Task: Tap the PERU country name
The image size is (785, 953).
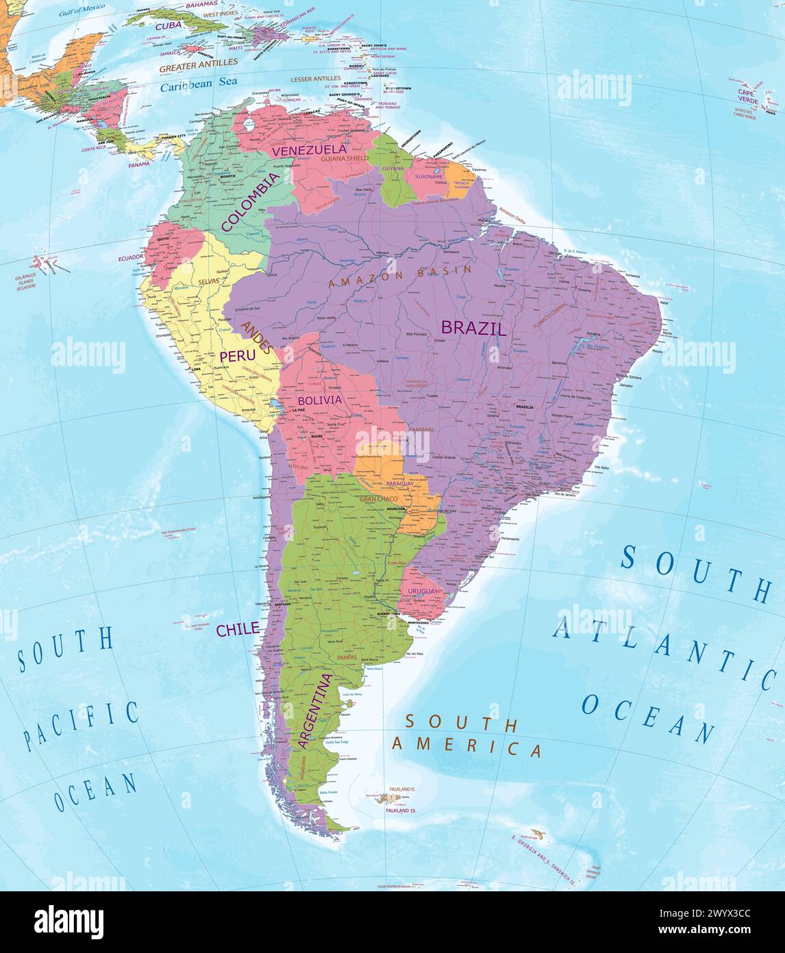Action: click(237, 356)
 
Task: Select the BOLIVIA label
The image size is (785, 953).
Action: click(319, 400)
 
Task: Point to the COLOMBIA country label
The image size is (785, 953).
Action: click(250, 202)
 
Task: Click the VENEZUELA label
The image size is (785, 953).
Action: click(309, 149)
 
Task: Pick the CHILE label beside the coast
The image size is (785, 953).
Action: click(238, 629)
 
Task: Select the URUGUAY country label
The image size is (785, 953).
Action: click(422, 591)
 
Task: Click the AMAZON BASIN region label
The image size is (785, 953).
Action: click(400, 276)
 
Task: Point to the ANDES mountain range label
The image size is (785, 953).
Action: click(257, 337)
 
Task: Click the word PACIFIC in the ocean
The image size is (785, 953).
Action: click(81, 725)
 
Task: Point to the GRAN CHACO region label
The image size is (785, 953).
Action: click(378, 498)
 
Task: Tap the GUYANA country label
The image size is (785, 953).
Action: click(393, 168)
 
